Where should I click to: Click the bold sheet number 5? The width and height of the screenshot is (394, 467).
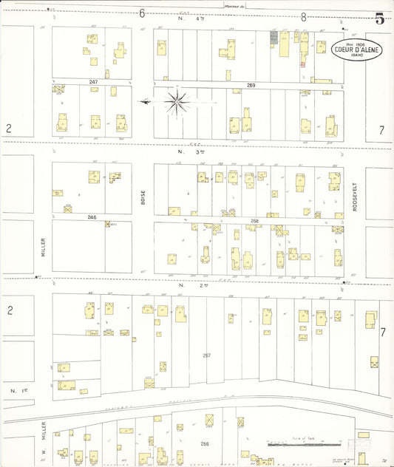coord(379,19)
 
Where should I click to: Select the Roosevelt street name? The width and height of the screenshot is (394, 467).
coord(355,197)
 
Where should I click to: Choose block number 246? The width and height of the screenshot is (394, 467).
coord(92,217)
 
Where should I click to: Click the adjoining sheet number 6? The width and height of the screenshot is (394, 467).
coord(141,13)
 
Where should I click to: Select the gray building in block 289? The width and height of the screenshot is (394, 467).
coord(274,36)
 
